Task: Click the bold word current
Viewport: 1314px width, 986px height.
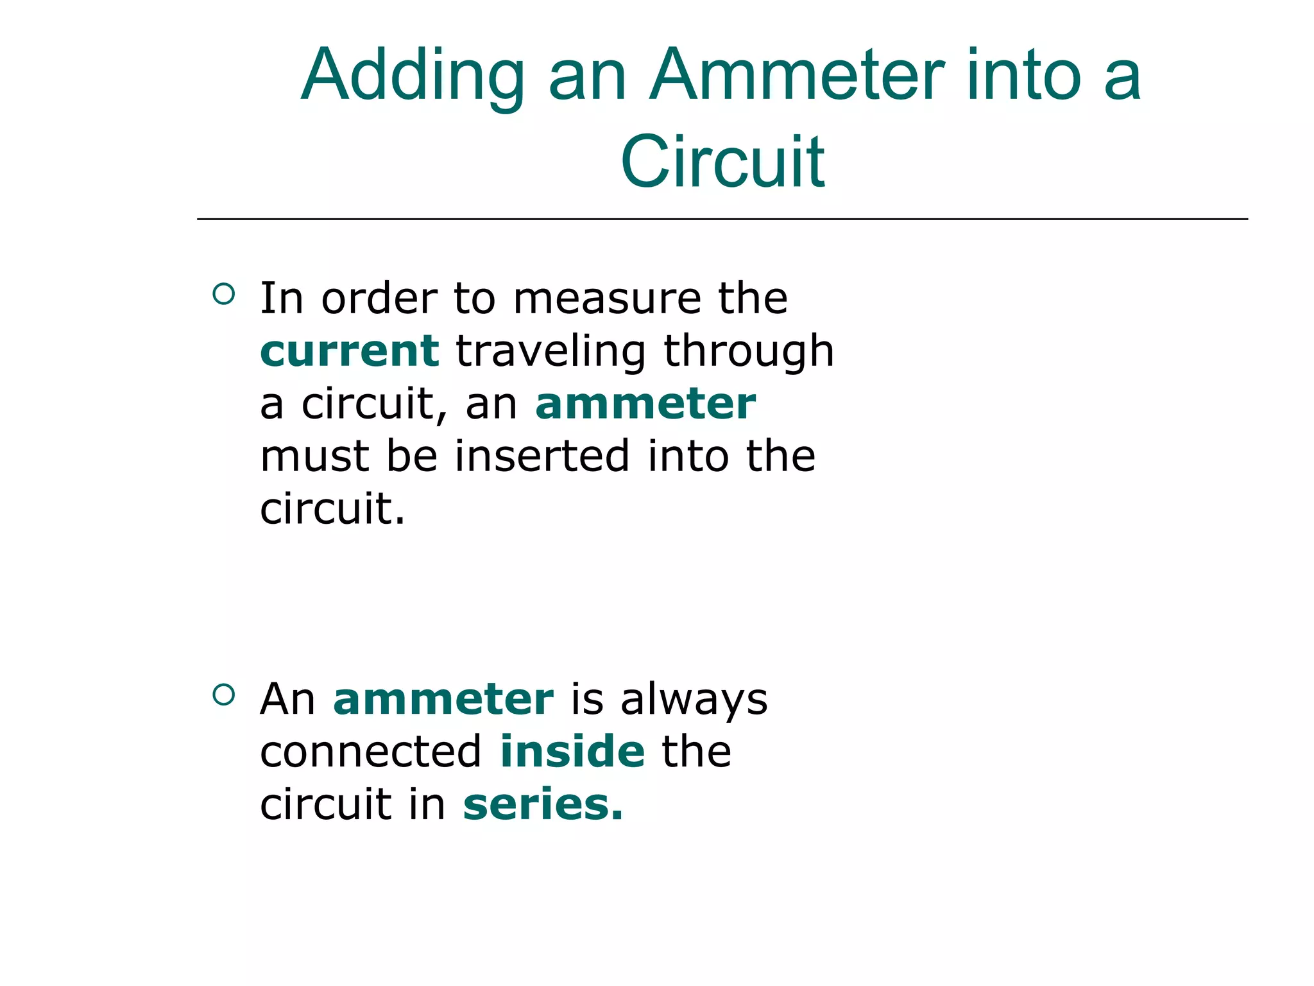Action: (350, 351)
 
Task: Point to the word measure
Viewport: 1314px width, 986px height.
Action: (607, 298)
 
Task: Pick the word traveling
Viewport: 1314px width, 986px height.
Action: (550, 351)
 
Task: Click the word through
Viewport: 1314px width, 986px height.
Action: (748, 351)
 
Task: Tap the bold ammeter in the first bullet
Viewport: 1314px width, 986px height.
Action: (645, 404)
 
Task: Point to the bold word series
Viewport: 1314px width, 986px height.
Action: (542, 804)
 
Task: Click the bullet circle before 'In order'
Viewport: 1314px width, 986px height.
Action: (223, 295)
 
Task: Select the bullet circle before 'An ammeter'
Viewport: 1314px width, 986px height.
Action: (223, 695)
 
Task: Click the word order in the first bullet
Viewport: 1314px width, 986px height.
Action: (379, 298)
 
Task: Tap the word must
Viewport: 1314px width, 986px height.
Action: (314, 456)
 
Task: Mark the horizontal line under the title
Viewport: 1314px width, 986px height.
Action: (722, 220)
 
